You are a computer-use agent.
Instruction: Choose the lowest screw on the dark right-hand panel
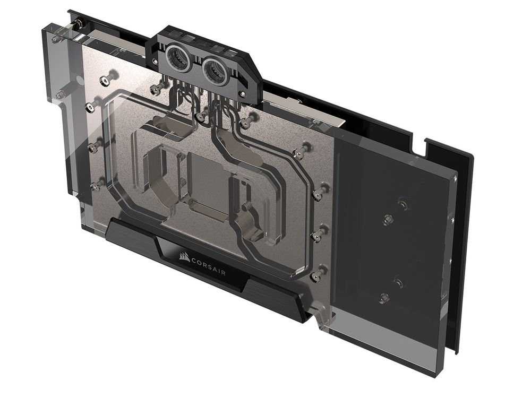click(383, 299)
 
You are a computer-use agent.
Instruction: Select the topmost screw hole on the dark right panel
click(402, 203)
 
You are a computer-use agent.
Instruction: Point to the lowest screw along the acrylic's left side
click(97, 185)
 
